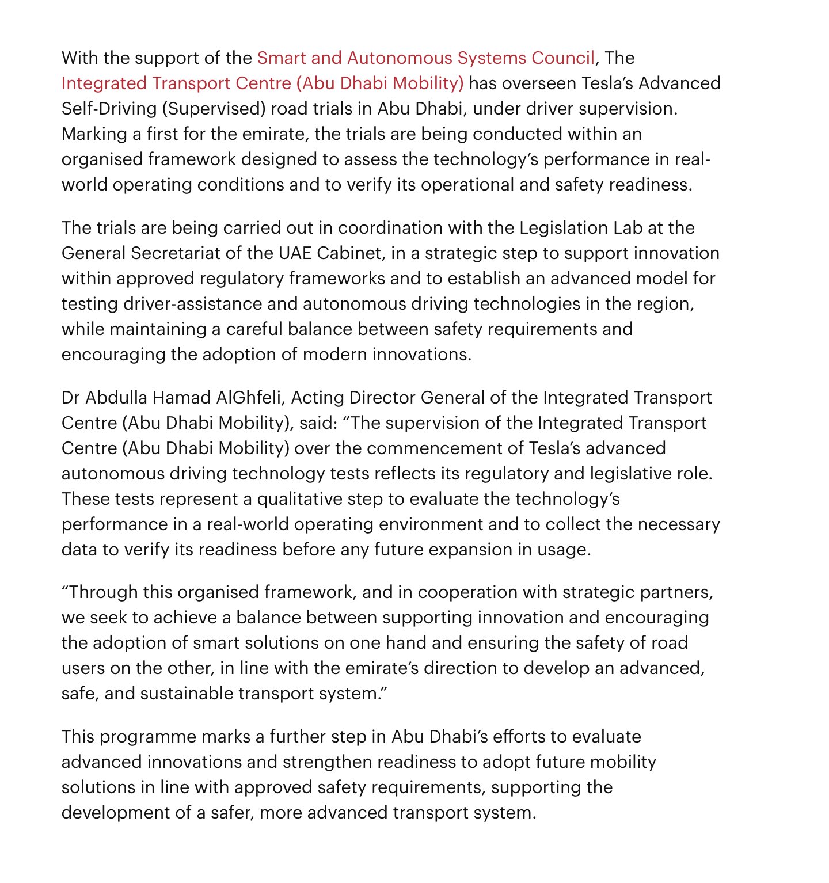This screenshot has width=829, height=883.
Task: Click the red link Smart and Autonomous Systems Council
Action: tap(425, 58)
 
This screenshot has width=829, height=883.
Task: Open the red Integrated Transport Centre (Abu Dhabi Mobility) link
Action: tap(262, 83)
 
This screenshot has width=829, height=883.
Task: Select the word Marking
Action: tap(94, 134)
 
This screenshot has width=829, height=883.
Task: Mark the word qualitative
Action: tap(300, 499)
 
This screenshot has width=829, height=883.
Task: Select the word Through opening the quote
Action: tap(103, 592)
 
